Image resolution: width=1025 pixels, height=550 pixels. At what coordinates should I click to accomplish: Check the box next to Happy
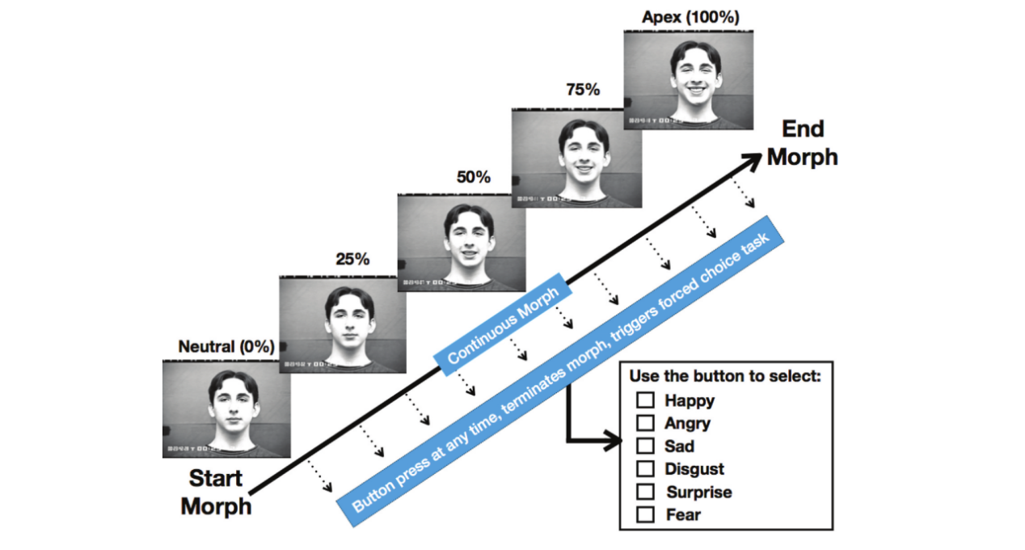pyautogui.click(x=645, y=400)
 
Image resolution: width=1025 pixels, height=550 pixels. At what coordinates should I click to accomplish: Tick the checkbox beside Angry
pyautogui.click(x=645, y=422)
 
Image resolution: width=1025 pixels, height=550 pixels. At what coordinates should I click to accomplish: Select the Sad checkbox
pyautogui.click(x=645, y=445)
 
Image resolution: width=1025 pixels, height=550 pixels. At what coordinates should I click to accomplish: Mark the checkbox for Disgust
pyautogui.click(x=645, y=468)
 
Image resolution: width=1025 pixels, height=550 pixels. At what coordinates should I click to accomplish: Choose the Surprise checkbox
pyautogui.click(x=645, y=491)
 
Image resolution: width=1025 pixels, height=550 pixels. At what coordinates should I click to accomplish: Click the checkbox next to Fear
pyautogui.click(x=645, y=514)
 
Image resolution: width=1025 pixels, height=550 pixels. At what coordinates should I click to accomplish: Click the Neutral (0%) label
pyautogui.click(x=226, y=347)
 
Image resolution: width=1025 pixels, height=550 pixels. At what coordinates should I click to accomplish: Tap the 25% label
pyautogui.click(x=352, y=260)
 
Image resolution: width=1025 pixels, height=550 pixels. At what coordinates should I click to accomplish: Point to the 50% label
pyautogui.click(x=473, y=177)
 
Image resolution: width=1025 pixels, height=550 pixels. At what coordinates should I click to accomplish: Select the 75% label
pyautogui.click(x=583, y=90)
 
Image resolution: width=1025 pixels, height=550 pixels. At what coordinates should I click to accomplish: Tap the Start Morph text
pyautogui.click(x=216, y=492)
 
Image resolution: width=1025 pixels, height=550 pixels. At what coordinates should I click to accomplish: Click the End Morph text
pyautogui.click(x=802, y=142)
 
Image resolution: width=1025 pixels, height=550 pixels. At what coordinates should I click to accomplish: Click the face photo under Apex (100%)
pyautogui.click(x=689, y=80)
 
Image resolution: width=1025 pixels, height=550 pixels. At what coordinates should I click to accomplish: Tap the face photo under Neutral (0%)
pyautogui.click(x=226, y=408)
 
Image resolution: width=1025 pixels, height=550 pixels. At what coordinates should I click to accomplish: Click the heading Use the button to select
pyautogui.click(x=725, y=377)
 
